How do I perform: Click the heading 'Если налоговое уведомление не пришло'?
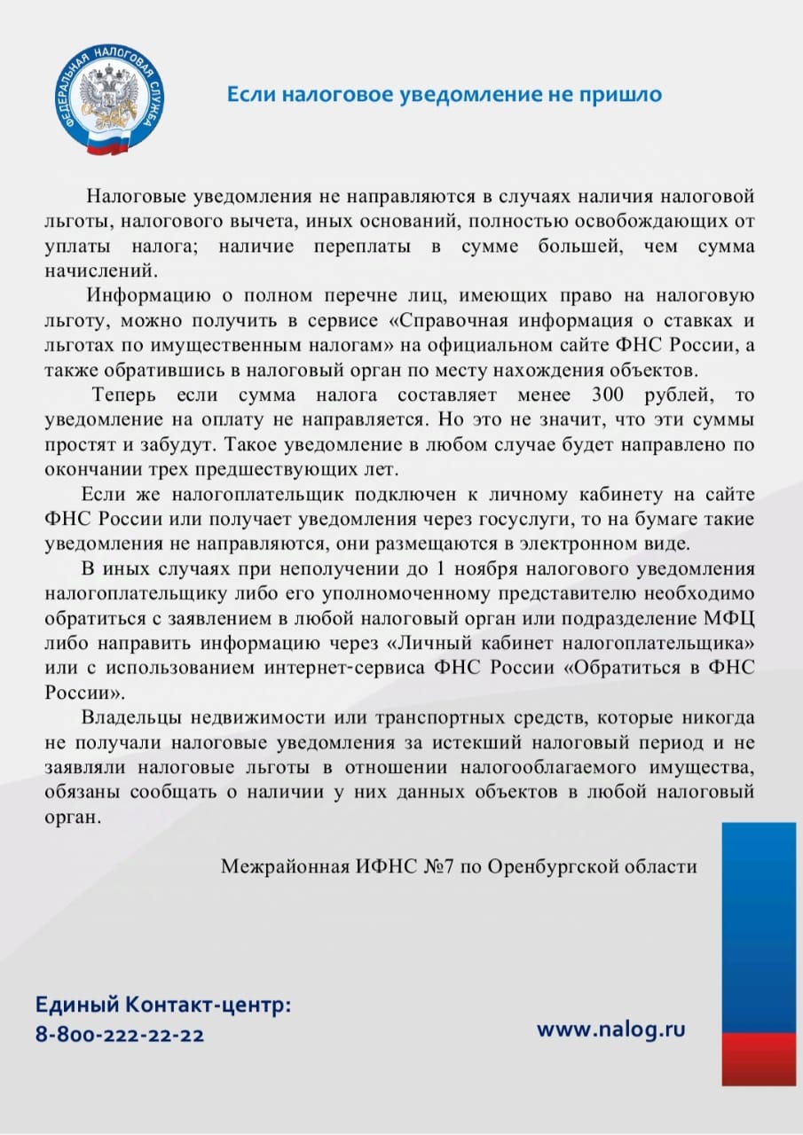coord(444,94)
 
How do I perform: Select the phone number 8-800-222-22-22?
coord(120,1034)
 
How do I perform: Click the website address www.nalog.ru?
coord(611,1029)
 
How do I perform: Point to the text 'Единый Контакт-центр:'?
coord(163,1006)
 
